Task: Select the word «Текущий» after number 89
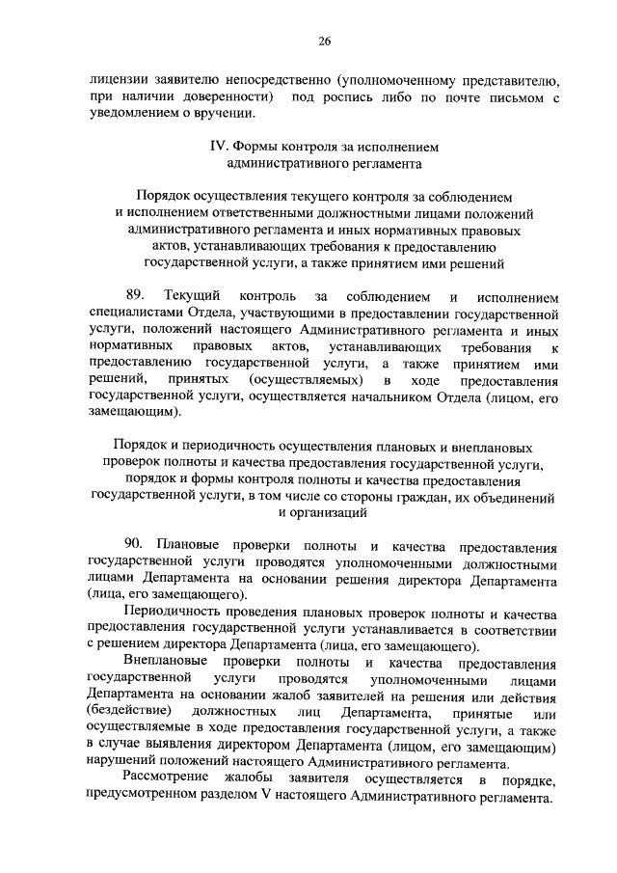tap(195, 293)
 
